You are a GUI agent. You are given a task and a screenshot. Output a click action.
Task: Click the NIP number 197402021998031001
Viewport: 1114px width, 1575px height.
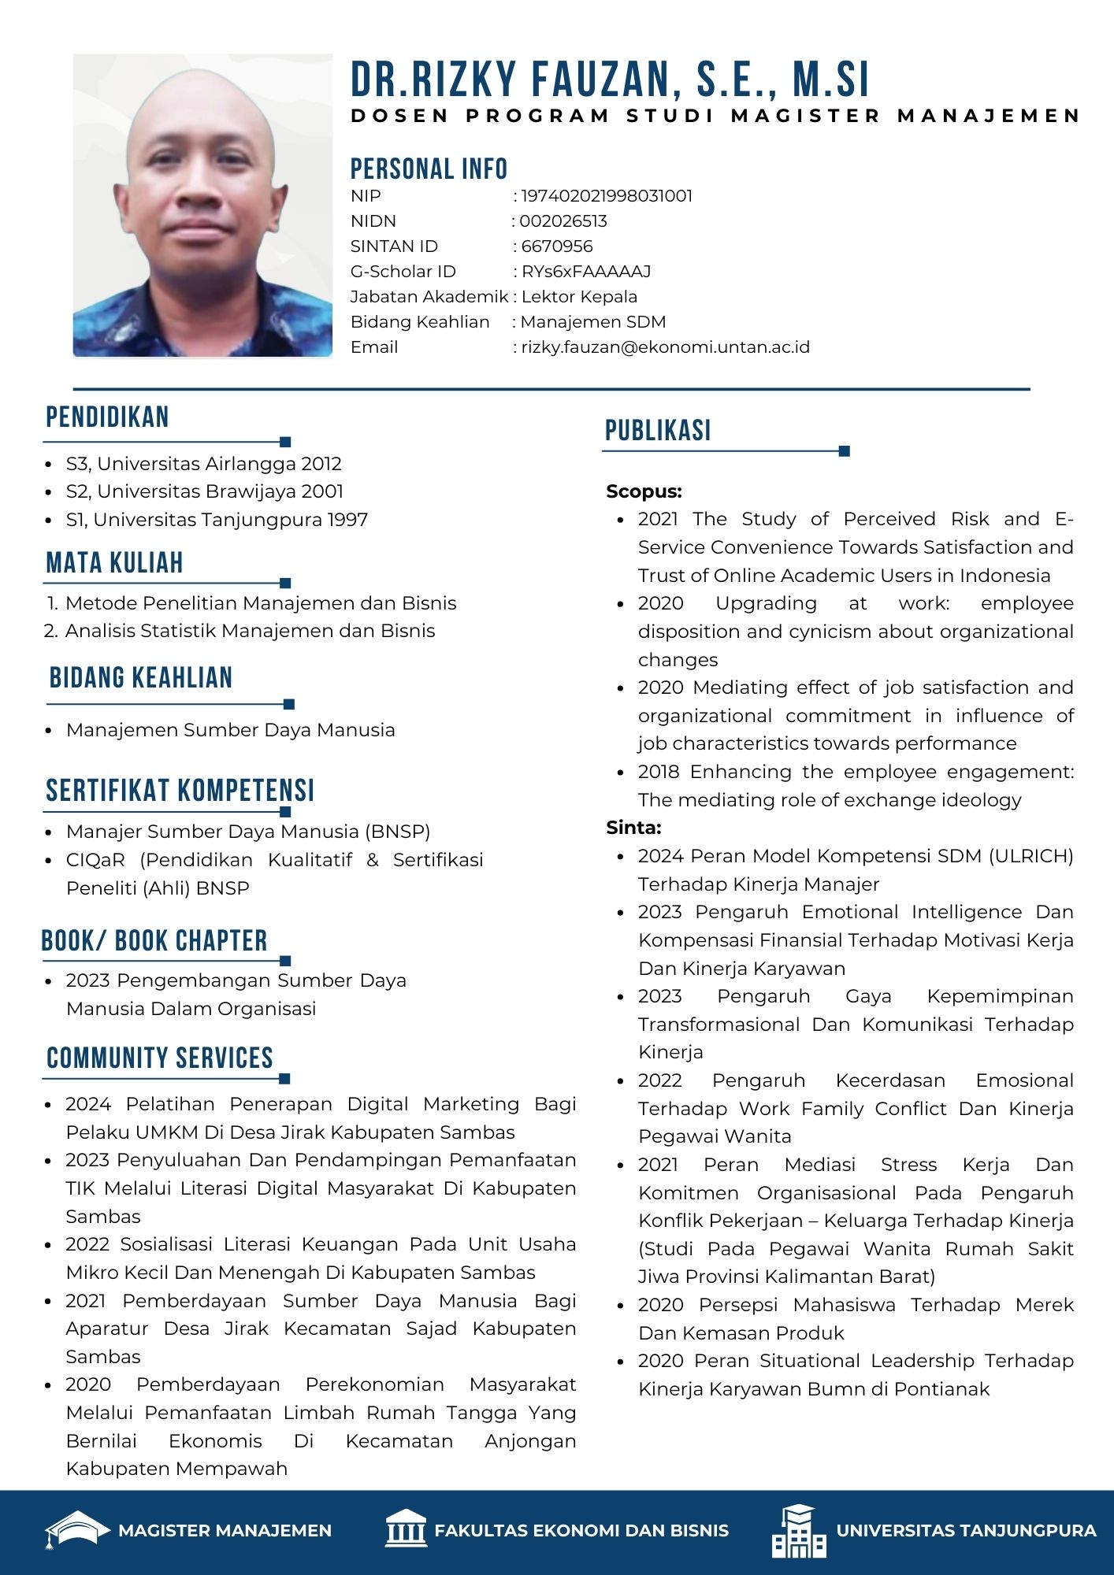[607, 196]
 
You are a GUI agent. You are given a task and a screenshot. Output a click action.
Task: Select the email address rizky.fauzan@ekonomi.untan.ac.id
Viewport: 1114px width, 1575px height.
[665, 347]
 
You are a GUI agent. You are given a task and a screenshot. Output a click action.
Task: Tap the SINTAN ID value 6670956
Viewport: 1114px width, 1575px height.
[557, 246]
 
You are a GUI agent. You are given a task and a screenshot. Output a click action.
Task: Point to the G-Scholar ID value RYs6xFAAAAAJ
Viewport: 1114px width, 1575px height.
[586, 272]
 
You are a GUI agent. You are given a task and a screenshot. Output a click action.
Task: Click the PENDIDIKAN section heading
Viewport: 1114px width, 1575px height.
[107, 417]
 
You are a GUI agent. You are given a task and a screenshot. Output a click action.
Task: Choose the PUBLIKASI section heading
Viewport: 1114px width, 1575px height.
[658, 431]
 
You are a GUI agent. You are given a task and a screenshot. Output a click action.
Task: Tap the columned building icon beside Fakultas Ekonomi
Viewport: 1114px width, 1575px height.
[406, 1530]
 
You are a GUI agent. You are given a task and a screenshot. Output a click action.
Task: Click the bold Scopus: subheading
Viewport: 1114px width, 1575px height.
[644, 491]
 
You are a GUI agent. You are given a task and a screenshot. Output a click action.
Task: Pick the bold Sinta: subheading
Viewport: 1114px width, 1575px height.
[633, 828]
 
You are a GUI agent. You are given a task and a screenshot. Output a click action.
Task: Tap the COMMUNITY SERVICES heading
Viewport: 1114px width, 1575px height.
[160, 1058]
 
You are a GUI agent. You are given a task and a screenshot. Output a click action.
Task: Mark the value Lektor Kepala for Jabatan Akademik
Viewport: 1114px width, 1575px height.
[579, 297]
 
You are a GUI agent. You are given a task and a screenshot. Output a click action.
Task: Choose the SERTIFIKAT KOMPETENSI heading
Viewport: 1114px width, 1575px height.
[180, 791]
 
